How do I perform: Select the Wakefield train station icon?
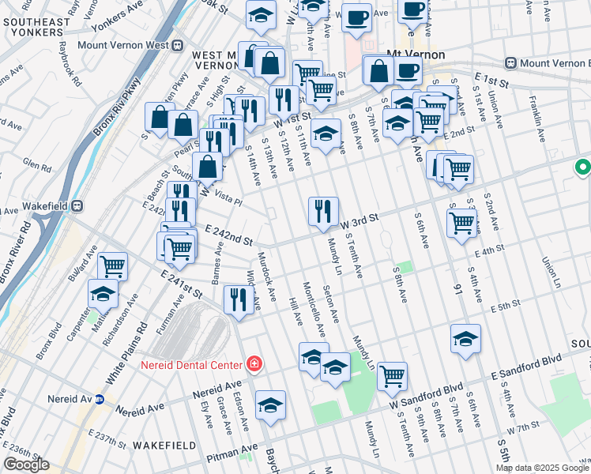(77, 205)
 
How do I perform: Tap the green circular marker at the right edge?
(583, 168)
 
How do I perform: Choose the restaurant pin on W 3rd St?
(324, 211)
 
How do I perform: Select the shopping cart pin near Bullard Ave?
(112, 266)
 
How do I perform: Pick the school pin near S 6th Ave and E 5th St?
(465, 339)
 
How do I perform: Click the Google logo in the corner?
(27, 465)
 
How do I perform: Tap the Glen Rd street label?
(36, 165)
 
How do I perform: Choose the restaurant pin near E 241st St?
(238, 299)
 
